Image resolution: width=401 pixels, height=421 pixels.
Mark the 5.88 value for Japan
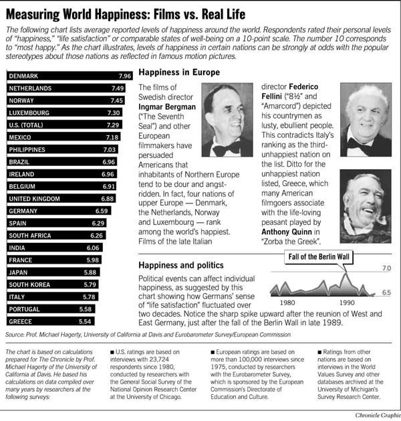[92, 273]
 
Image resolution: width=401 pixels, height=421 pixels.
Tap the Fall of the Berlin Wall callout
[320, 257]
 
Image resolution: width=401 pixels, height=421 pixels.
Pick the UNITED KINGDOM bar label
[36, 199]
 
